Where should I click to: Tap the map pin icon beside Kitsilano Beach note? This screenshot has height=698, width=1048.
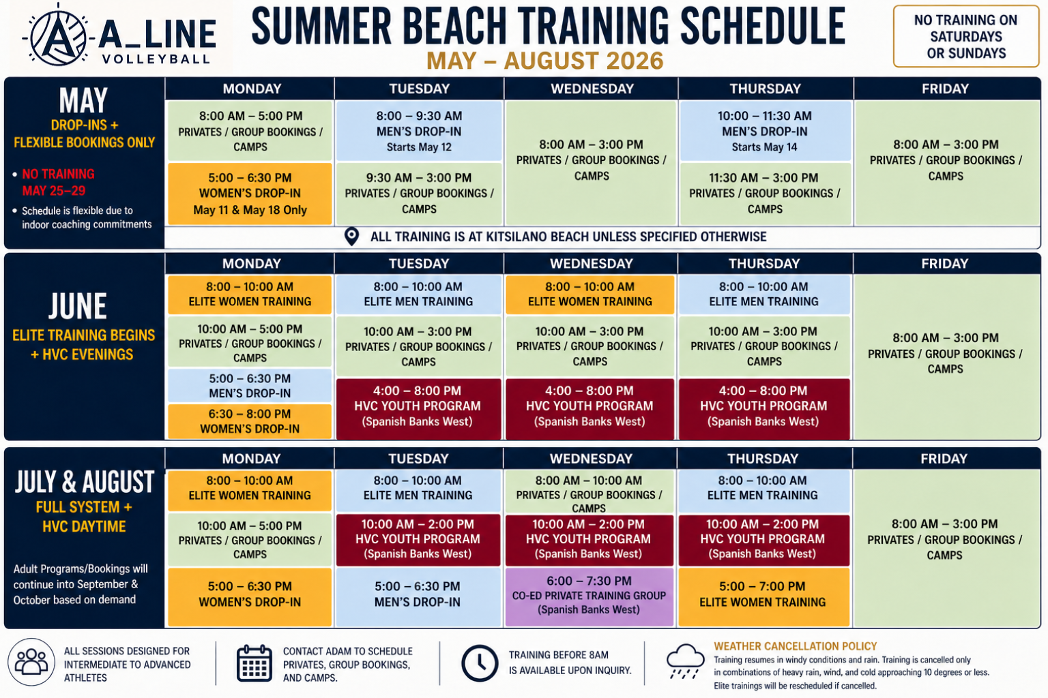click(x=351, y=237)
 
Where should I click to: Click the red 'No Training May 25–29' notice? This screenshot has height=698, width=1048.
click(x=58, y=182)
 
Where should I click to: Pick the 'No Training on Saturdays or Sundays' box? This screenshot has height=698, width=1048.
click(x=965, y=36)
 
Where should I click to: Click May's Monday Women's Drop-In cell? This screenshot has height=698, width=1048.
click(x=250, y=194)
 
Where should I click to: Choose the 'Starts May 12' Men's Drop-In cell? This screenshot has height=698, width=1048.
click(x=419, y=132)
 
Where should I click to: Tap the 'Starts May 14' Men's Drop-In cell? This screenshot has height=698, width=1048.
click(x=764, y=132)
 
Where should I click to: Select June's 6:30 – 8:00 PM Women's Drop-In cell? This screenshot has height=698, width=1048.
click(x=250, y=421)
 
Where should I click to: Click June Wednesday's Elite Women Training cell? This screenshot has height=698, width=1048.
click(x=590, y=294)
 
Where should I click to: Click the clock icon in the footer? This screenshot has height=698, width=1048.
click(x=480, y=663)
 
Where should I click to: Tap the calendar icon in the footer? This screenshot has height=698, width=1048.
click(x=254, y=663)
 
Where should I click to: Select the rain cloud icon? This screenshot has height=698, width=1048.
click(x=685, y=661)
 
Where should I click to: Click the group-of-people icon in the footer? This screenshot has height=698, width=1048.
click(x=31, y=662)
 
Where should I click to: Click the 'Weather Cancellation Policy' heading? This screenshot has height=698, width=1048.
click(x=795, y=646)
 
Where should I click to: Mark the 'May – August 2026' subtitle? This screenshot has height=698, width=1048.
click(x=545, y=61)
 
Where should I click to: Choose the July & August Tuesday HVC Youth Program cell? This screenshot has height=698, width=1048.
click(x=418, y=539)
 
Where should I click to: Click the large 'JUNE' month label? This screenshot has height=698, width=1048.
click(x=78, y=306)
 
